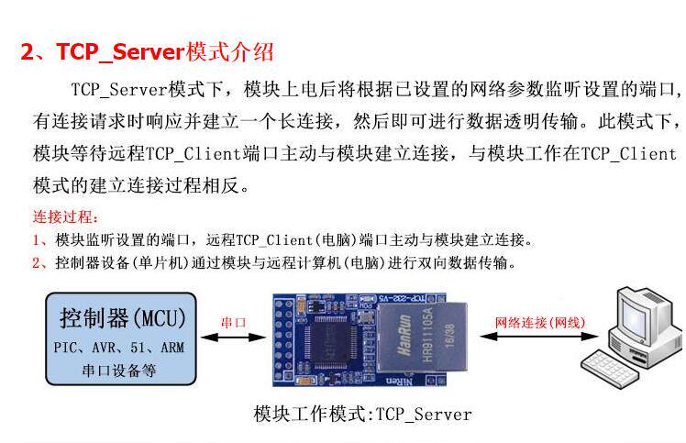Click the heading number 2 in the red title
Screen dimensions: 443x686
coord(28,51)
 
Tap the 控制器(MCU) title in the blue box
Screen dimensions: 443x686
coord(122,318)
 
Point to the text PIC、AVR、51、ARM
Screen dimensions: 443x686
coord(119,349)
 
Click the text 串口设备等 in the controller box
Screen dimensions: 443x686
coord(119,371)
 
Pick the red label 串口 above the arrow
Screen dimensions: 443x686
coord(233,323)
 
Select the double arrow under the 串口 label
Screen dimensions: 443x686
coord(232,338)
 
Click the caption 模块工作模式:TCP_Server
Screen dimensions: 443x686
coord(362,415)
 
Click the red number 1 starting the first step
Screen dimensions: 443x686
coord(37,240)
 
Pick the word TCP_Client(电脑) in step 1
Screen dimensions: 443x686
coord(292,240)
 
